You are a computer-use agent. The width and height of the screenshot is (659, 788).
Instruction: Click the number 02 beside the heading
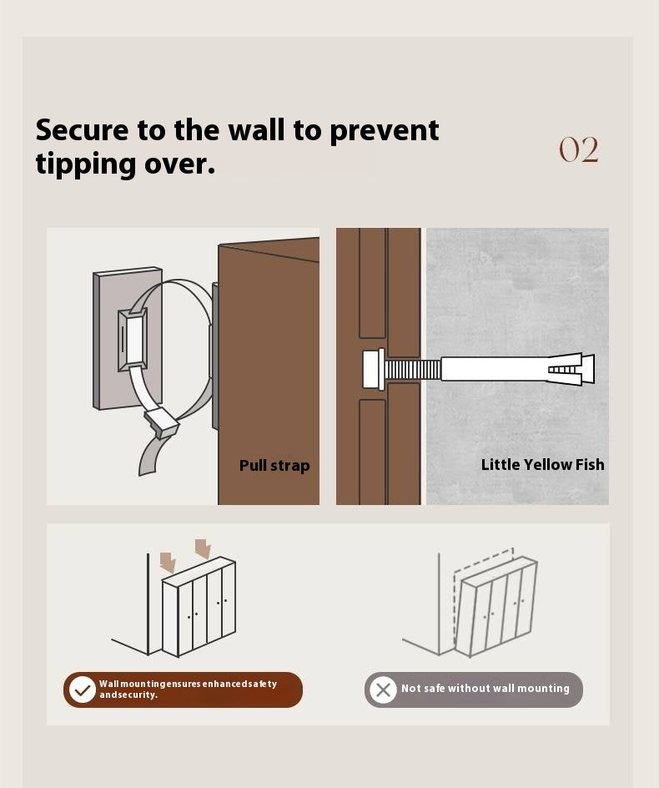point(579,149)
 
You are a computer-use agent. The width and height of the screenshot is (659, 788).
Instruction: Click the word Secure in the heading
point(83,130)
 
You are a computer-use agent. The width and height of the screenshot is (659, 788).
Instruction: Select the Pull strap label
point(274,465)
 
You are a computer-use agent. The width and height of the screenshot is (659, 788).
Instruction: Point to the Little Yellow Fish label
point(542,464)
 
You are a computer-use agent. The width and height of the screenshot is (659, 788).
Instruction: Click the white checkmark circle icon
point(82,689)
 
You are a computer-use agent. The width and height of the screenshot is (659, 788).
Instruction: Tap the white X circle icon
point(383,689)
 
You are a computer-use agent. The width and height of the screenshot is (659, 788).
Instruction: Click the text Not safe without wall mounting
point(485,688)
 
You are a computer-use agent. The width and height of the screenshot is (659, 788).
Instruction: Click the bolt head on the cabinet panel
point(373,369)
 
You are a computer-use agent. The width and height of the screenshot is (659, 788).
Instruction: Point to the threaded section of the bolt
point(413,370)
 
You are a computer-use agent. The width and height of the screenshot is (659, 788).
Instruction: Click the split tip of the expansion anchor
point(571,369)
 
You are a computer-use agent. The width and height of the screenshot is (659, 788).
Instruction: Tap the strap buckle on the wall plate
point(133,340)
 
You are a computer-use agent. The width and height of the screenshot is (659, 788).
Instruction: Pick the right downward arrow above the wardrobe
point(203,548)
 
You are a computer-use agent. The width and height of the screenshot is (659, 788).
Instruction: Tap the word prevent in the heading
point(385,131)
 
